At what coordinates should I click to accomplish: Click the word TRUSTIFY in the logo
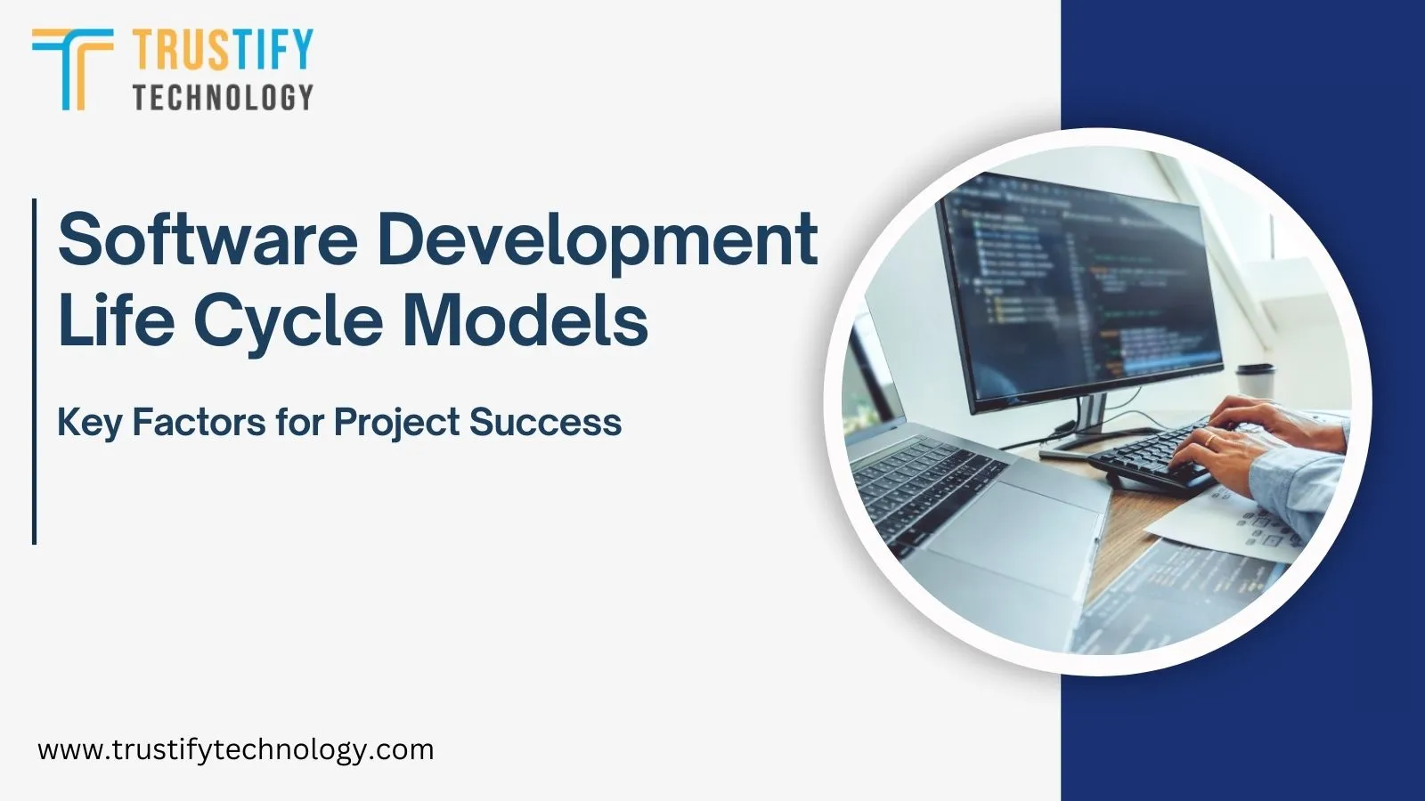pyautogui.click(x=223, y=49)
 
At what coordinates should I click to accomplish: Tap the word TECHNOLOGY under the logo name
pyautogui.click(x=223, y=96)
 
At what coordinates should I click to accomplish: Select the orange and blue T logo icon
pyautogui.click(x=71, y=68)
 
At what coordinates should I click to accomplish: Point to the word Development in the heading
pyautogui.click(x=597, y=239)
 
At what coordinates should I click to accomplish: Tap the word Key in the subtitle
pyautogui.click(x=88, y=422)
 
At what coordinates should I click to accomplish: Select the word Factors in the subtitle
pyautogui.click(x=199, y=422)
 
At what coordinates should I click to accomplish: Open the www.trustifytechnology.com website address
pyautogui.click(x=235, y=749)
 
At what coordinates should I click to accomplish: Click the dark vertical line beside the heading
pyautogui.click(x=34, y=370)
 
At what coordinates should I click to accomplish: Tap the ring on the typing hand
pyautogui.click(x=1210, y=440)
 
